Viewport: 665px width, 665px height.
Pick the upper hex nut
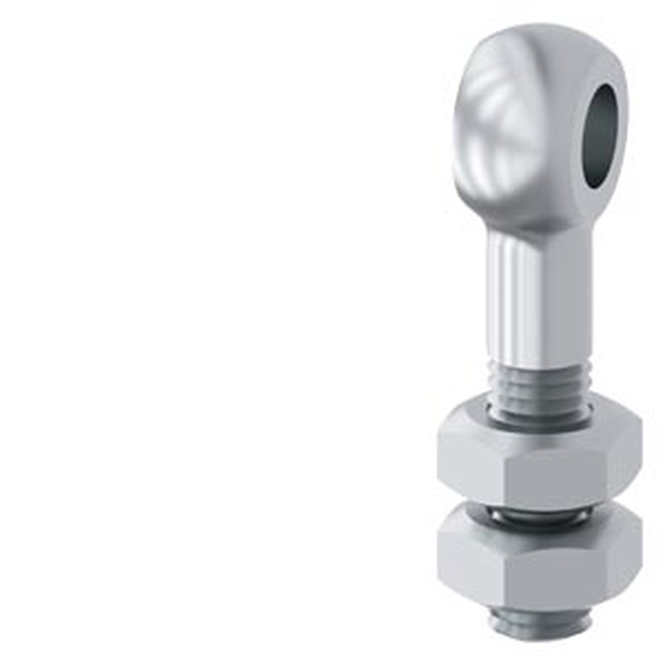pyautogui.click(x=539, y=459)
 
